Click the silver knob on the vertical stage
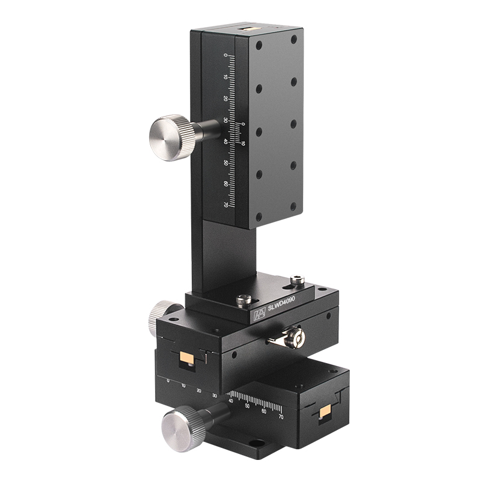click(x=169, y=138)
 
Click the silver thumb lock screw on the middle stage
click(x=294, y=338)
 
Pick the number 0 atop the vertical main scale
click(x=226, y=56)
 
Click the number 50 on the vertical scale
click(x=226, y=163)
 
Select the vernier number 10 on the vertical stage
click(x=243, y=143)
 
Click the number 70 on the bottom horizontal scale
click(x=281, y=415)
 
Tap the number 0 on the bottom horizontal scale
click(x=168, y=381)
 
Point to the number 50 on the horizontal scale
click(x=247, y=406)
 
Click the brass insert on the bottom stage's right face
click(x=325, y=412)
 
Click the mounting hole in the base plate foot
click(x=257, y=444)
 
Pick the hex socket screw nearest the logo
click(x=244, y=299)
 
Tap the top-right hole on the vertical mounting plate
click(x=294, y=40)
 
